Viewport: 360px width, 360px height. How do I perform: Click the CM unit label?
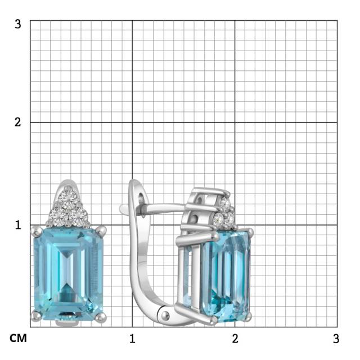[18, 338]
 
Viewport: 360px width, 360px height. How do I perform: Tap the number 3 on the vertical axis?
[17, 24]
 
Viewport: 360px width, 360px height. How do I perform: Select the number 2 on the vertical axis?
[17, 122]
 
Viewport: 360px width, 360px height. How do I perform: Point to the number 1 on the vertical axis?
[18, 225]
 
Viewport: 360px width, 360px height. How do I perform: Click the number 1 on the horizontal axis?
[132, 339]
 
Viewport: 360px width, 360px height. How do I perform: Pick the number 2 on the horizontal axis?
[235, 339]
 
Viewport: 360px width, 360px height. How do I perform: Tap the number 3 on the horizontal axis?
[336, 339]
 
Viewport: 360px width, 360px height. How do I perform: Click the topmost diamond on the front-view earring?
[67, 197]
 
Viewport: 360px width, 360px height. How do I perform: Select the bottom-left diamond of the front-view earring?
[57, 215]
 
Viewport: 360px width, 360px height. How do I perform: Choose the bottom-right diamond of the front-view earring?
[79, 215]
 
